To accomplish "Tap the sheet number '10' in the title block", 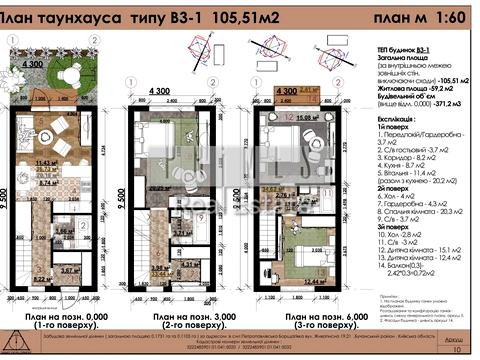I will [456, 351].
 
